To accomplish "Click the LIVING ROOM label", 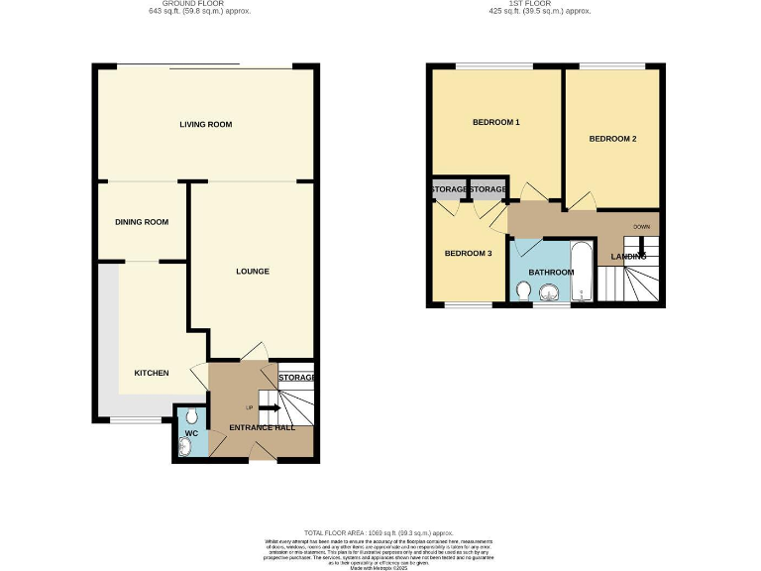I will [205, 124].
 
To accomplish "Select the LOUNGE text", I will [253, 271].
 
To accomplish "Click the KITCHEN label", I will [152, 373].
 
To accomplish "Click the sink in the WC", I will [186, 447].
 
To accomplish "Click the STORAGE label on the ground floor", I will [296, 378].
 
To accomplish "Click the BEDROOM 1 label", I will [495, 123].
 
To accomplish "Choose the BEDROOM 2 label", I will [612, 139].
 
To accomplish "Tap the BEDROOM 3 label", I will [468, 253].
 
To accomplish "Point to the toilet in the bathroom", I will [524, 290].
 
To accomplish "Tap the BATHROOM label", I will [550, 272].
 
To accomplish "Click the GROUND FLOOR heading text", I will [213, 4].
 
